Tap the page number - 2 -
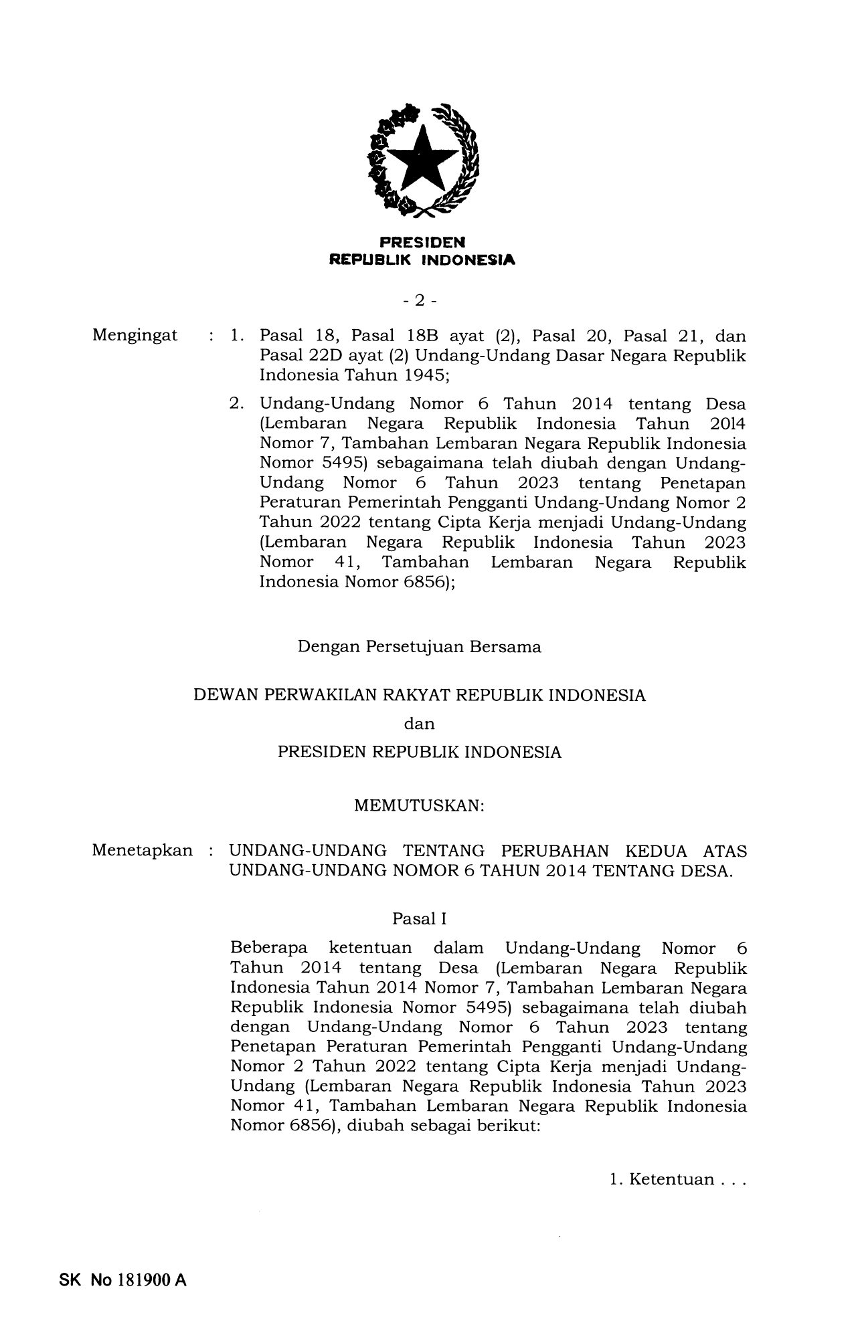(x=420, y=301)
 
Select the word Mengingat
(x=135, y=335)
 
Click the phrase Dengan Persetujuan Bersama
(x=420, y=647)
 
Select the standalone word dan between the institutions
(x=420, y=724)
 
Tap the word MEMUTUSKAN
(x=419, y=806)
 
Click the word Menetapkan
(x=142, y=851)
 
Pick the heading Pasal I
(x=419, y=919)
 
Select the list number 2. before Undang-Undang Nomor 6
(x=236, y=404)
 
